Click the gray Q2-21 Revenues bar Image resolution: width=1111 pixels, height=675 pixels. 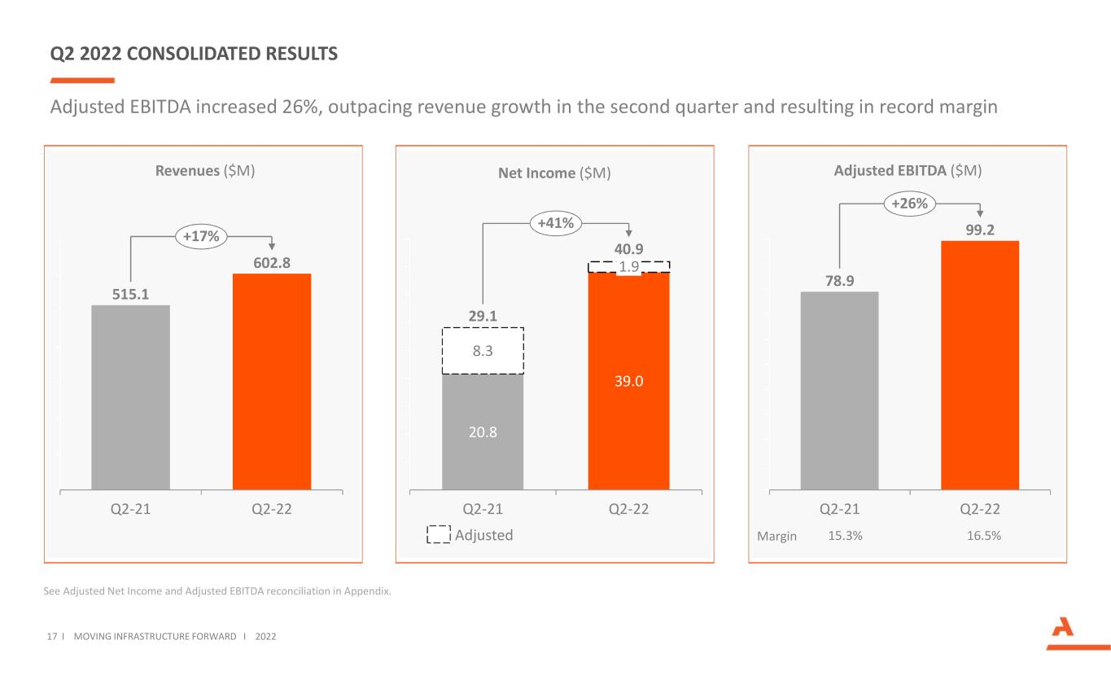pyautogui.click(x=130, y=397)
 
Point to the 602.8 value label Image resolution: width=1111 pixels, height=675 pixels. pyautogui.click(x=272, y=261)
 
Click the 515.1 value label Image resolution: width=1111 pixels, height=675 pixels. pyautogui.click(x=130, y=293)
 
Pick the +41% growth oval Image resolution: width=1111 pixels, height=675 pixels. pyautogui.click(x=557, y=222)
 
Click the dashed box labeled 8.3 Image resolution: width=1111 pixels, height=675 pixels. pyautogui.click(x=483, y=351)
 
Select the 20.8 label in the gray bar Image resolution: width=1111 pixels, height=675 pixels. pyautogui.click(x=483, y=432)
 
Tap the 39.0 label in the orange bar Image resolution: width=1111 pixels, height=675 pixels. pyautogui.click(x=628, y=380)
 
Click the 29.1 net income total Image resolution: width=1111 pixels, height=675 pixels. pyautogui.click(x=483, y=315)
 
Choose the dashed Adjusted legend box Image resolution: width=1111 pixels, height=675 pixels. pyautogui.click(x=440, y=535)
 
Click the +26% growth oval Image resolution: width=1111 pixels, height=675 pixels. pyautogui.click(x=909, y=204)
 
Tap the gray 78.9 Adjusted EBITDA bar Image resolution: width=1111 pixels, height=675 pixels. pyautogui.click(x=839, y=391)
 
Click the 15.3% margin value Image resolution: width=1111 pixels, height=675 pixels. pyautogui.click(x=845, y=536)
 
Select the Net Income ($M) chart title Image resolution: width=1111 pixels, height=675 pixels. pyautogui.click(x=554, y=173)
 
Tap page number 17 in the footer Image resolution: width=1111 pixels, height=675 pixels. pyautogui.click(x=54, y=635)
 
